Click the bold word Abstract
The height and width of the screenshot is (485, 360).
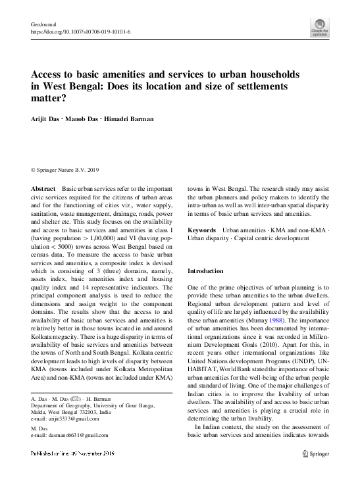click(x=43, y=188)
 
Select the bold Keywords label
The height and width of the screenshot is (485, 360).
click(x=202, y=230)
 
